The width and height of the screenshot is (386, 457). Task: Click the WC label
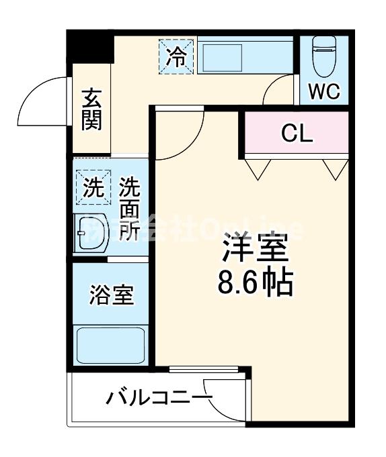[324, 92]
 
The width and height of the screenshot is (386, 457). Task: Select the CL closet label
[297, 134]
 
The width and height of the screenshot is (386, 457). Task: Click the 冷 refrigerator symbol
[177, 56]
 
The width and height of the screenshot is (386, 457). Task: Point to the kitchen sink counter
[246, 56]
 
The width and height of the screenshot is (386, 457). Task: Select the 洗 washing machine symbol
[91, 187]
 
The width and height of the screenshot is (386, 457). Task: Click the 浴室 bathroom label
[111, 295]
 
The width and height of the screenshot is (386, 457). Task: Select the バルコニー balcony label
[158, 399]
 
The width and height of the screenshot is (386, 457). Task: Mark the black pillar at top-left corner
[90, 47]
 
